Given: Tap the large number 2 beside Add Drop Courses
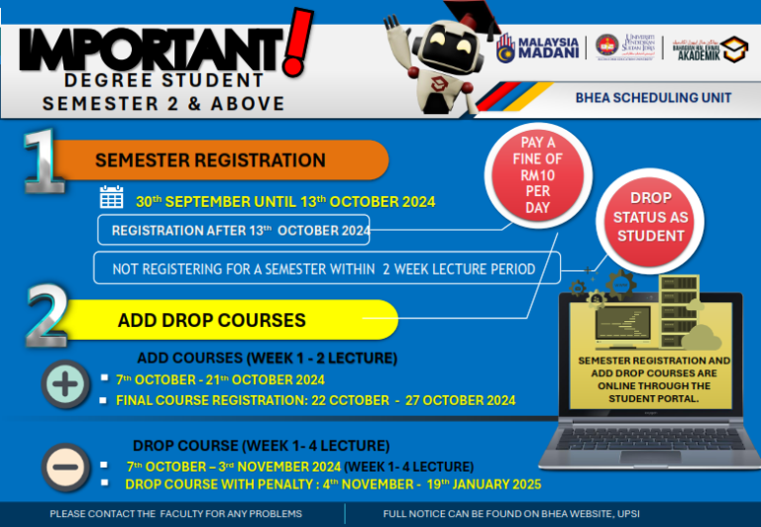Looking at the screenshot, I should tap(45, 316).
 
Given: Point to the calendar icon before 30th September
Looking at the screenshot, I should tap(112, 198).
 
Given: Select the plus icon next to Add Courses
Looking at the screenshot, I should tap(65, 384).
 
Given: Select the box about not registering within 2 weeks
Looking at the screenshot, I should tap(326, 268).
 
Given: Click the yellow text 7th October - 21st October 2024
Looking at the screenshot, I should tap(220, 379).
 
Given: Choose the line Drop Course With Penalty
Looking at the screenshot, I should tap(333, 484).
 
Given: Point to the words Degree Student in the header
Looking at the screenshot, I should tap(163, 79).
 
